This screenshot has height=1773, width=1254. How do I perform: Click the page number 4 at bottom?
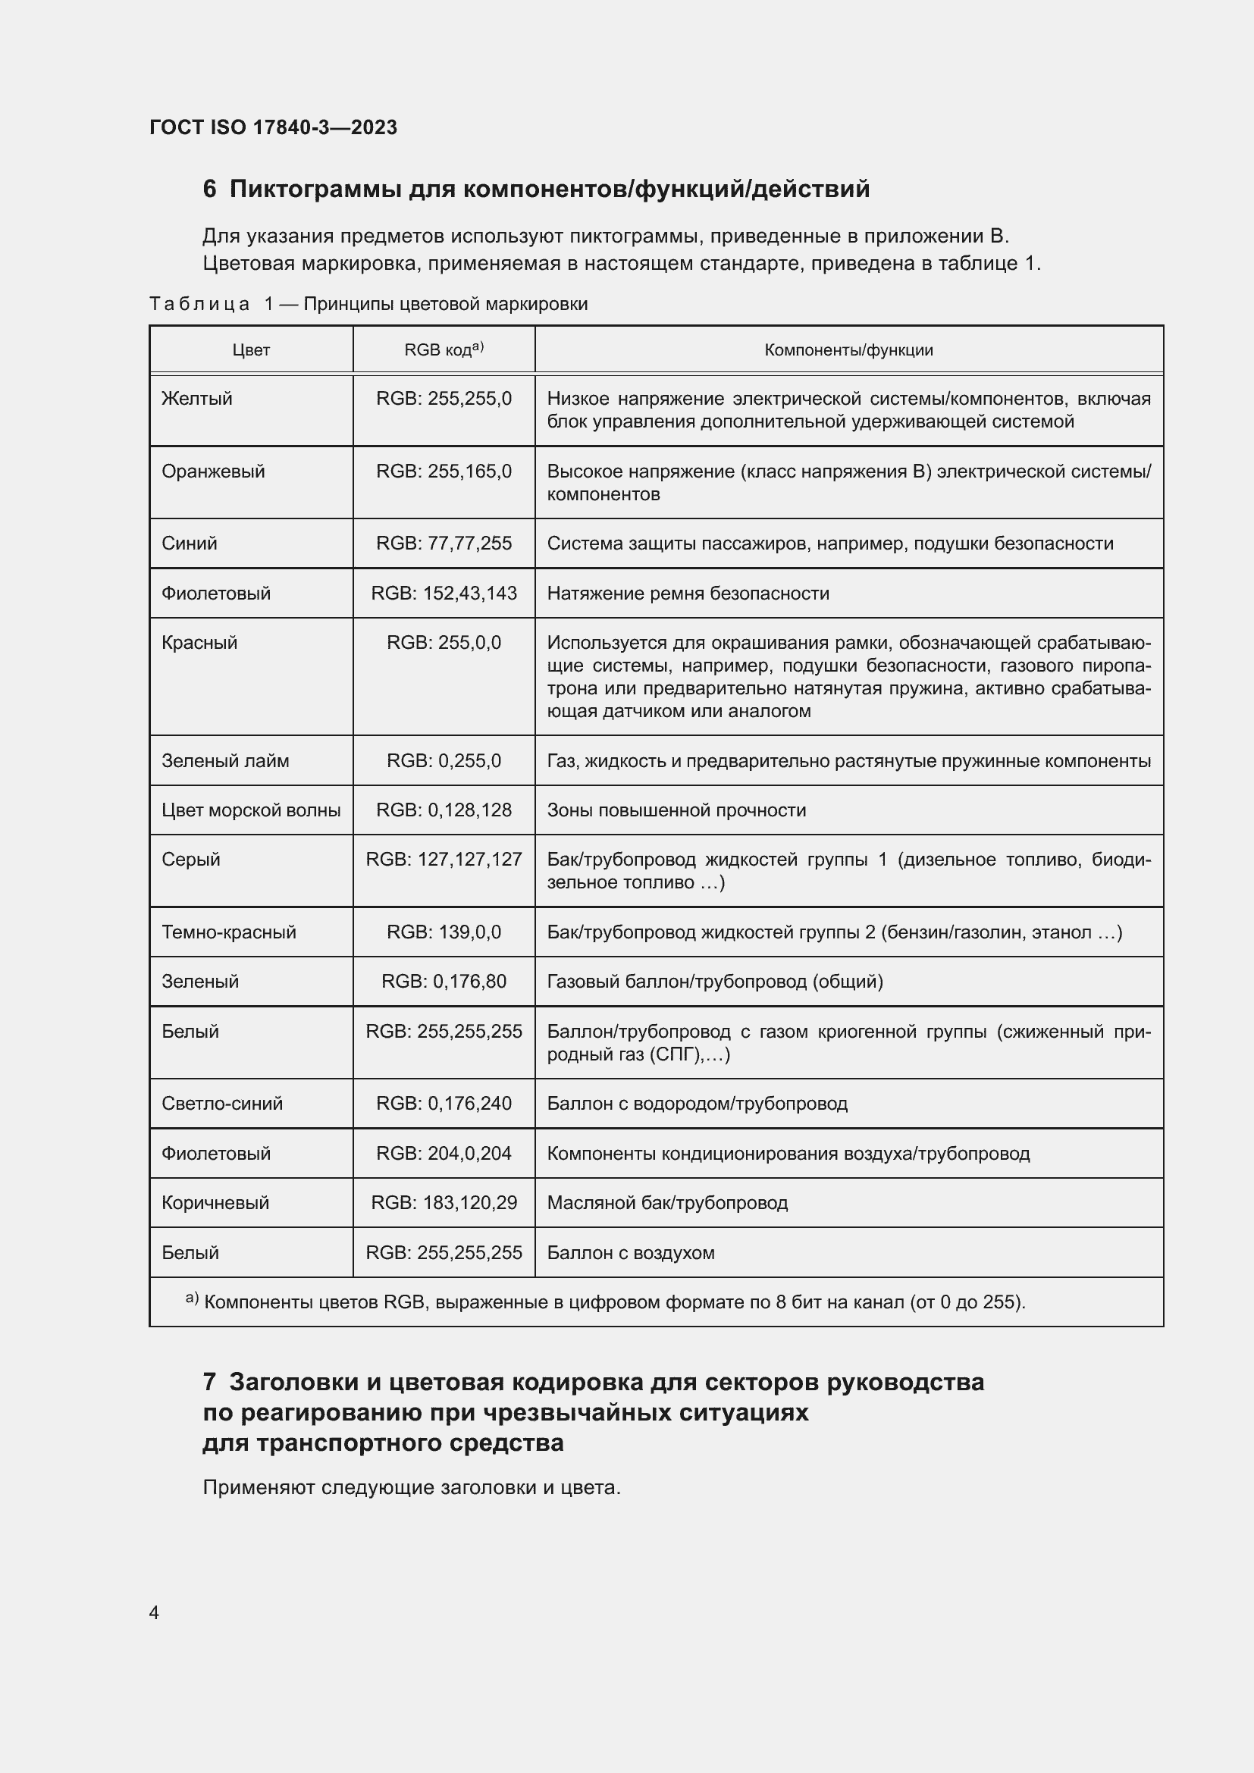(154, 1612)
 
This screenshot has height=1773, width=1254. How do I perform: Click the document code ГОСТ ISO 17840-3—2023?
(274, 127)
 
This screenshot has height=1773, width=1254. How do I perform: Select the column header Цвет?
(251, 349)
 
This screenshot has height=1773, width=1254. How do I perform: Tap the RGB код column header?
(444, 349)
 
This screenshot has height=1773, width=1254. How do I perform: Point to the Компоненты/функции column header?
(848, 349)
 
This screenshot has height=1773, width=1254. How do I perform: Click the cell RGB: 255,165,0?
(444, 471)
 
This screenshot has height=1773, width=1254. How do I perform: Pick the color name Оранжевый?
(213, 471)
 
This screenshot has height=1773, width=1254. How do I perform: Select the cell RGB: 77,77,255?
(444, 543)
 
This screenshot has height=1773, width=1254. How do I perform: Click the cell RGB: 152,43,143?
(444, 593)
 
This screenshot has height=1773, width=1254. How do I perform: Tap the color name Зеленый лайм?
(225, 760)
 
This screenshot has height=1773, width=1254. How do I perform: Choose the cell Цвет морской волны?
(251, 810)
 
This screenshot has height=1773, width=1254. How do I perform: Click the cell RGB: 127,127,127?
(444, 859)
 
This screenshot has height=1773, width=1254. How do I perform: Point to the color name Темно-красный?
(228, 932)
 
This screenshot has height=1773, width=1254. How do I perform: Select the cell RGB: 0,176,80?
(444, 982)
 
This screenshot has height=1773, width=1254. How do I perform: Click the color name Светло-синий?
(222, 1104)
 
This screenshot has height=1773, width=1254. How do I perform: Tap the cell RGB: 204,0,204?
(444, 1153)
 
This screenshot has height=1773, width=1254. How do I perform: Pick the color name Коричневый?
(215, 1202)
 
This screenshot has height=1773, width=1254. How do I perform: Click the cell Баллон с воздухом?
(630, 1252)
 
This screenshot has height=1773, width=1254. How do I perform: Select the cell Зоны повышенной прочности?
(676, 810)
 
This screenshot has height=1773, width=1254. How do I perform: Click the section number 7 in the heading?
(209, 1383)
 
